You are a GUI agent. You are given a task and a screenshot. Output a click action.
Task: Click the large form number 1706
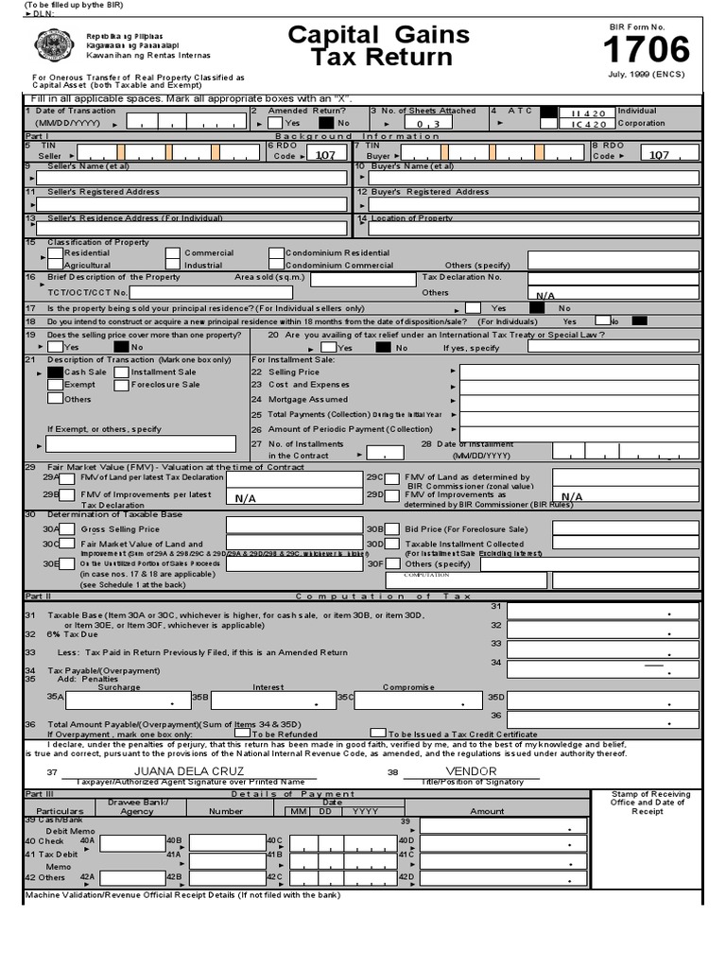(648, 49)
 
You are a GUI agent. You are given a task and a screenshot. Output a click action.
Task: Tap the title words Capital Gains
(378, 36)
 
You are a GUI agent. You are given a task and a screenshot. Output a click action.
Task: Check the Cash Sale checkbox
(55, 372)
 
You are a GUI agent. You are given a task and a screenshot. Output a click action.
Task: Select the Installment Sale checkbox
(122, 372)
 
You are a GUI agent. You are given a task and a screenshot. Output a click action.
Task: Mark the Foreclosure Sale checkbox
(122, 385)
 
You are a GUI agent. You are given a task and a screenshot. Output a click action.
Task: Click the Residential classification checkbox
(55, 253)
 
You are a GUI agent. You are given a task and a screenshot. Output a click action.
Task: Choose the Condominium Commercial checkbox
(276, 266)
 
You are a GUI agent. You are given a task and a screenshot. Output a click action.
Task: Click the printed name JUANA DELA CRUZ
(188, 771)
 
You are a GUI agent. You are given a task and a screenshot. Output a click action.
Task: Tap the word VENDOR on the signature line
(471, 771)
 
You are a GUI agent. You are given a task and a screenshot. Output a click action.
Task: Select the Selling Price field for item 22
(579, 372)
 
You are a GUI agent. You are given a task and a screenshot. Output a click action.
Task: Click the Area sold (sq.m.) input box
(363, 279)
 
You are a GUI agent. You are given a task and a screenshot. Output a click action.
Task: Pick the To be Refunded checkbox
(243, 733)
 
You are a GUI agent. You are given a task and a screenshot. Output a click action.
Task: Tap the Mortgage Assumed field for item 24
(579, 400)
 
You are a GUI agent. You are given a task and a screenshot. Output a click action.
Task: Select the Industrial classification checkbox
(172, 266)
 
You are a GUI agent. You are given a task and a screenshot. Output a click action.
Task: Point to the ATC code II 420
(588, 112)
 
